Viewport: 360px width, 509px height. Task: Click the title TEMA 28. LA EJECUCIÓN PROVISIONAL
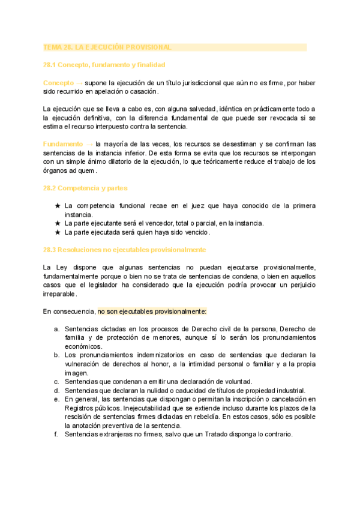tap(107, 47)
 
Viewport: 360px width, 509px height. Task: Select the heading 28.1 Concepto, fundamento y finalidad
tap(104, 64)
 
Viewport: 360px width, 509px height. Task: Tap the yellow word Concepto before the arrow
tap(58, 82)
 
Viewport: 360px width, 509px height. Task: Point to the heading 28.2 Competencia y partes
tap(85, 188)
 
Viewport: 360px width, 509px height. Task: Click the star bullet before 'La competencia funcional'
tap(58, 206)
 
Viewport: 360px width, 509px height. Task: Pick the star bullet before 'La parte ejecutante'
tap(58, 223)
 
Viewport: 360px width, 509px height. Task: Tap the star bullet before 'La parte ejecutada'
tap(58, 232)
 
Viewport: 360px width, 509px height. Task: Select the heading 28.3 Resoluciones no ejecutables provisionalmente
tap(124, 249)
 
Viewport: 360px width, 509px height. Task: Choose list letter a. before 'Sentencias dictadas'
tap(56, 329)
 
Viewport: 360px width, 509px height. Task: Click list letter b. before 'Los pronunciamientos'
tap(56, 355)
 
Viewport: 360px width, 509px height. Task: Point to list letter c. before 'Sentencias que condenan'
tap(56, 382)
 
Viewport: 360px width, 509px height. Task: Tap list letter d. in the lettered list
tap(56, 391)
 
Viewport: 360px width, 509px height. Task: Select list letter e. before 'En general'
tap(56, 399)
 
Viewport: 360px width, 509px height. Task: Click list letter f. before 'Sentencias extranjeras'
tap(56, 435)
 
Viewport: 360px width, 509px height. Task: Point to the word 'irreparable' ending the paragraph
tap(59, 294)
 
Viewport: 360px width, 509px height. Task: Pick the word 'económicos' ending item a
tap(83, 346)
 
